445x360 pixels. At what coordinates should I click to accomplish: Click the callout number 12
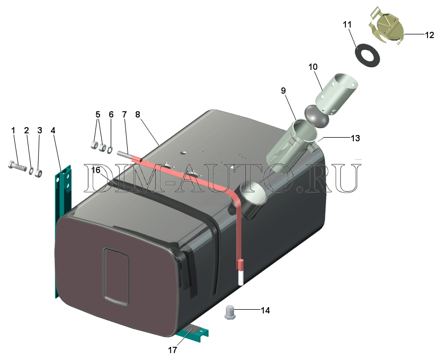[x=430, y=35]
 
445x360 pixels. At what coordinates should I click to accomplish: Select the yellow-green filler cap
[x=387, y=25]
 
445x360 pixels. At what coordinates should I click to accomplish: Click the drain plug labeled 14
[x=229, y=312]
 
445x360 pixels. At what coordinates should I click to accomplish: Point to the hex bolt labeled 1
[x=17, y=166]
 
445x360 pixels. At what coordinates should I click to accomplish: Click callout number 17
[x=173, y=350]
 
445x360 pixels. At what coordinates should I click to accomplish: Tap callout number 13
[x=355, y=138]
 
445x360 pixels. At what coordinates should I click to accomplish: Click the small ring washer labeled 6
[x=110, y=149]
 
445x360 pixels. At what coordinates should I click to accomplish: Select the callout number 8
[x=138, y=114]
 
